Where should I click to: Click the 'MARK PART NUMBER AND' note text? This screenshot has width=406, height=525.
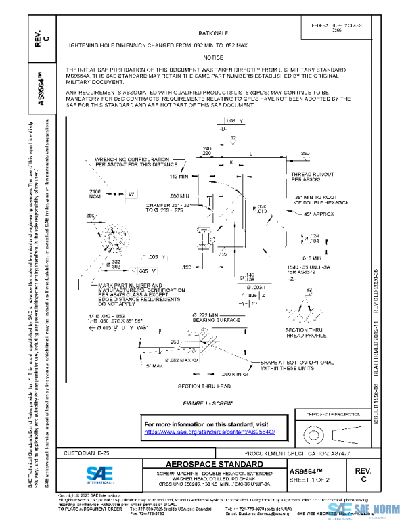coord(131,287)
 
